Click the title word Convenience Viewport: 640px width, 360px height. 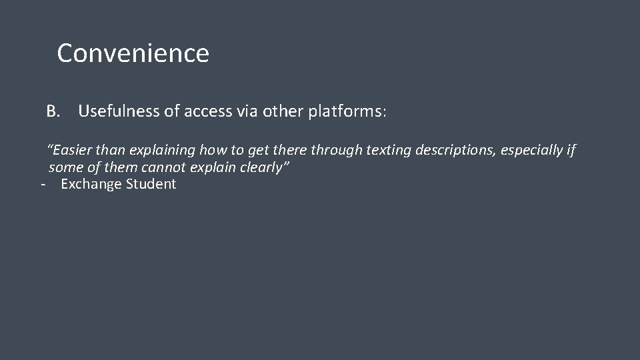click(x=133, y=53)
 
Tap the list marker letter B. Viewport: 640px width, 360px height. click(x=53, y=111)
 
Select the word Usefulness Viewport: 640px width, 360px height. click(x=119, y=111)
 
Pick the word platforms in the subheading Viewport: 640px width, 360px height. click(x=347, y=111)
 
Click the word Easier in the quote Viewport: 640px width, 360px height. click(x=71, y=151)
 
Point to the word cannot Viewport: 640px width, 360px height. click(x=164, y=167)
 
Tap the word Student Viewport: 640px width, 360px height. click(x=150, y=184)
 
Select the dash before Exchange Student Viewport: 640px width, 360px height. click(x=43, y=185)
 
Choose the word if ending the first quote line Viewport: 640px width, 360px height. click(x=571, y=151)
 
